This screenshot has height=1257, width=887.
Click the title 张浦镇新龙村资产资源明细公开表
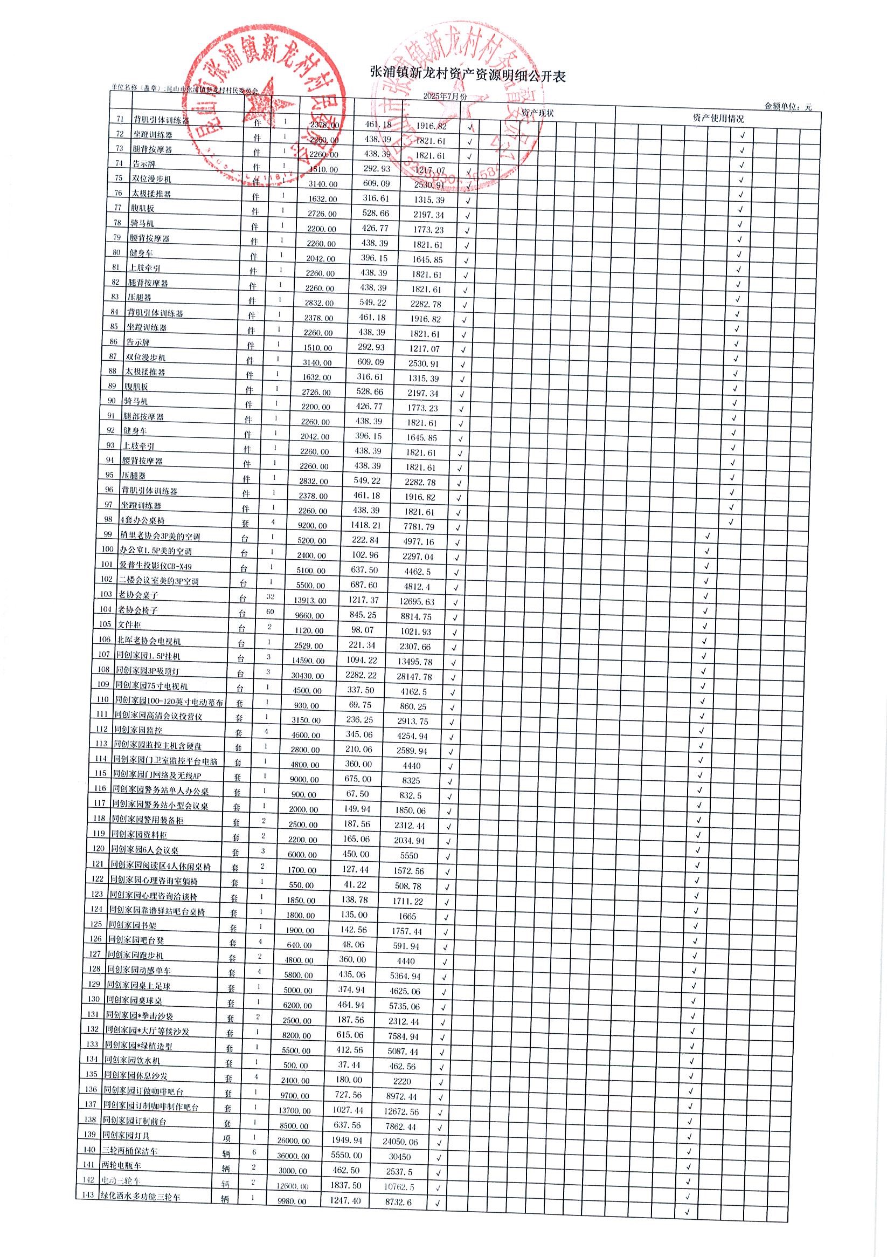point(468,75)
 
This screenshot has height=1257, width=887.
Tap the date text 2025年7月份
point(446,97)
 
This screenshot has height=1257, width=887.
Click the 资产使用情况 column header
point(718,118)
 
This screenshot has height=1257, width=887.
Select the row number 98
point(108,519)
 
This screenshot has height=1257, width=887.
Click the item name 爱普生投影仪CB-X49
point(156,566)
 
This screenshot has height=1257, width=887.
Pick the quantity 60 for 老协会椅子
point(271,612)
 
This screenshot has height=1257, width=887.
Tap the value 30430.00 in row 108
point(308,676)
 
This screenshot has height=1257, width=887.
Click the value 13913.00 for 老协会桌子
point(310,601)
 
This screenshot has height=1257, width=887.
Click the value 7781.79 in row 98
point(419,527)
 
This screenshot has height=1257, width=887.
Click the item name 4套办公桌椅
point(142,520)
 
